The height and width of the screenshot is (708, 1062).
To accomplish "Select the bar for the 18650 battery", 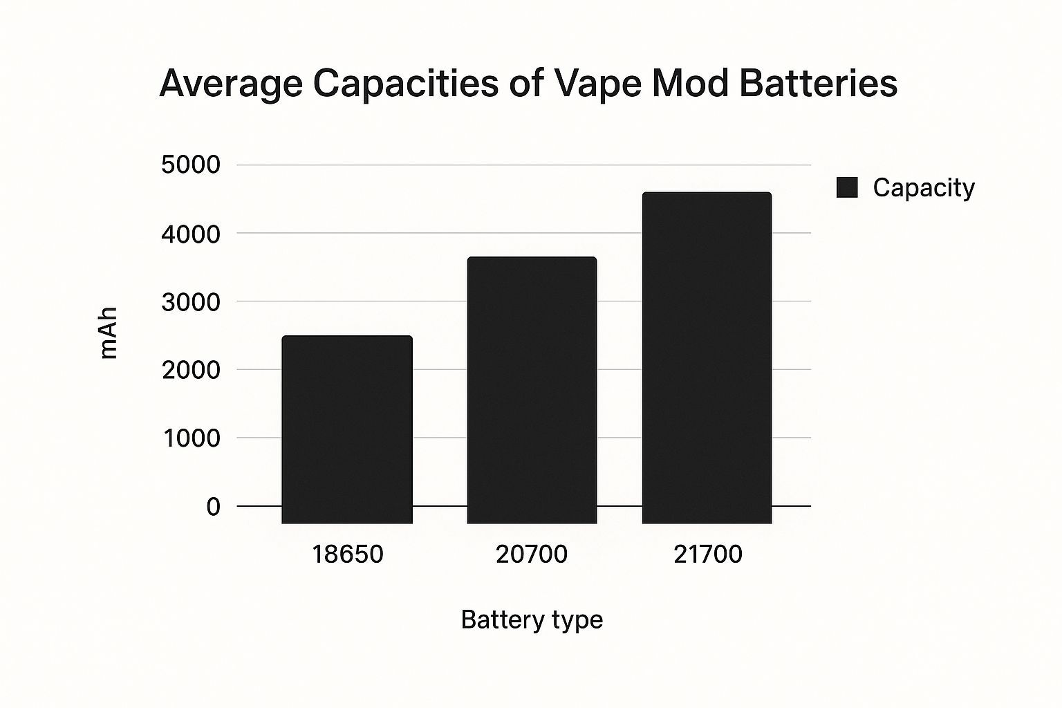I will (x=347, y=429).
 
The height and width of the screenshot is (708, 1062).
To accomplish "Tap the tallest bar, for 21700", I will (x=707, y=357).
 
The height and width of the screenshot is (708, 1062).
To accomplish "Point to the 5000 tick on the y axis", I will (x=190, y=165).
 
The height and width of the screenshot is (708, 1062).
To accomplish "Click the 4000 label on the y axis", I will (x=190, y=234).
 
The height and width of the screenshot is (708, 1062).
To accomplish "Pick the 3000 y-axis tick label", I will (x=190, y=301).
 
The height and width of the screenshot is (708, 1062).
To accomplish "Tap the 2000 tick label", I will (x=190, y=370).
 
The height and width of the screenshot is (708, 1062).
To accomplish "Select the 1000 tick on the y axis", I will (x=190, y=438).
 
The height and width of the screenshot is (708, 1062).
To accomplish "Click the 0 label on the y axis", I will (x=213, y=507).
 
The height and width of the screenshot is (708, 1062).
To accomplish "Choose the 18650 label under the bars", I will (x=347, y=555).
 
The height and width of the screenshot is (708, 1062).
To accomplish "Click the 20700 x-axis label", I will (x=532, y=555).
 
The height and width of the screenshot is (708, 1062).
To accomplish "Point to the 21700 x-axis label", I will (x=707, y=555).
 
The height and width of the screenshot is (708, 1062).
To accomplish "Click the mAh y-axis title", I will (x=109, y=333).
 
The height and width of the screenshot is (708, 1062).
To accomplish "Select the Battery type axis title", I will (x=532, y=619).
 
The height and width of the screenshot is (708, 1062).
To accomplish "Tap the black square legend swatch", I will (x=847, y=187).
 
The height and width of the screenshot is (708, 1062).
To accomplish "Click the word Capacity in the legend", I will (x=924, y=187).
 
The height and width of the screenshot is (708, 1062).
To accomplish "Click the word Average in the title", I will (x=231, y=84).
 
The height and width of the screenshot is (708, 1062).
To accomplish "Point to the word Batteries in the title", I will (x=818, y=83).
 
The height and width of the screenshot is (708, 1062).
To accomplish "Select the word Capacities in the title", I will (x=406, y=84).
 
